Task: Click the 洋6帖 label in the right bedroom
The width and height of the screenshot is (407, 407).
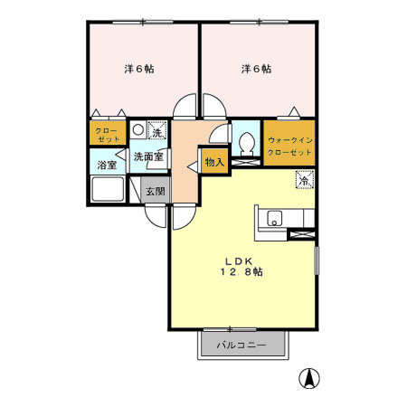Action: (x=256, y=69)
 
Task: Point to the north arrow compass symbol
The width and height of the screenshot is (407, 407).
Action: (x=309, y=379)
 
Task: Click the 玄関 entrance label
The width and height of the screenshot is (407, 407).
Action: (x=155, y=191)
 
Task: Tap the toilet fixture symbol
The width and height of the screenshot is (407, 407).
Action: (x=245, y=142)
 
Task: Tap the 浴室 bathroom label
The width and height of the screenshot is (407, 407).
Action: (x=107, y=166)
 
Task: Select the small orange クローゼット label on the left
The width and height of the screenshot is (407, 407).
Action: (x=107, y=136)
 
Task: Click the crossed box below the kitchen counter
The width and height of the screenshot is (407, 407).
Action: (x=300, y=236)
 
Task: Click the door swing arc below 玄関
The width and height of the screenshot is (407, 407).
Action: (x=181, y=210)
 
